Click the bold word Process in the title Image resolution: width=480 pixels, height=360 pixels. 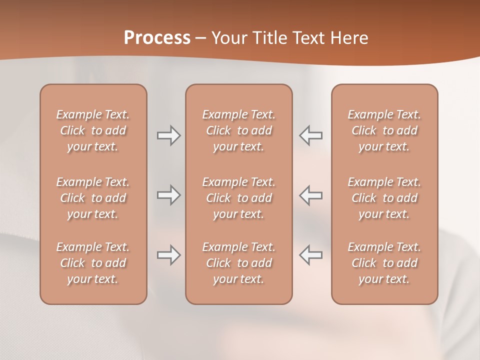coord(157,38)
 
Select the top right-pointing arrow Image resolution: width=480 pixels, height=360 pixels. coord(168,135)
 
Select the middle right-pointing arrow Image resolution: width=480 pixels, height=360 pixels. coord(168,195)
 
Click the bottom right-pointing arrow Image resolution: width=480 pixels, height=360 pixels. coord(168,255)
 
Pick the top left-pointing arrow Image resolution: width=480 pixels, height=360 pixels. coord(311,135)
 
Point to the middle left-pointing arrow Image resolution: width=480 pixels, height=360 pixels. coord(311,195)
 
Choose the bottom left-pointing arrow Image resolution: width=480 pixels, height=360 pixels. coord(311,255)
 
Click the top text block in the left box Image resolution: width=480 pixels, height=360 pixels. coord(93,130)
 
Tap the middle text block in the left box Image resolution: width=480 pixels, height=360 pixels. coord(93,198)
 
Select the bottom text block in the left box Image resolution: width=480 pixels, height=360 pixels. coord(93,263)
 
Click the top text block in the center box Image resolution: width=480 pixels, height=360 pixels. coord(238,130)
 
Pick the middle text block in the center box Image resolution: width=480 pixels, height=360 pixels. coord(238,198)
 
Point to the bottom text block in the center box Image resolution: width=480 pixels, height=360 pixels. coord(238,263)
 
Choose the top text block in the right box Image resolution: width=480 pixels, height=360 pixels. coord(384,130)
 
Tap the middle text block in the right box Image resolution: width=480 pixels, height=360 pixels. coord(384,198)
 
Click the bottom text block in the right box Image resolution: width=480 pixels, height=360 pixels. coord(384,263)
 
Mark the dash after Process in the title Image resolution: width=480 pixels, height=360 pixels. coord(201,38)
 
